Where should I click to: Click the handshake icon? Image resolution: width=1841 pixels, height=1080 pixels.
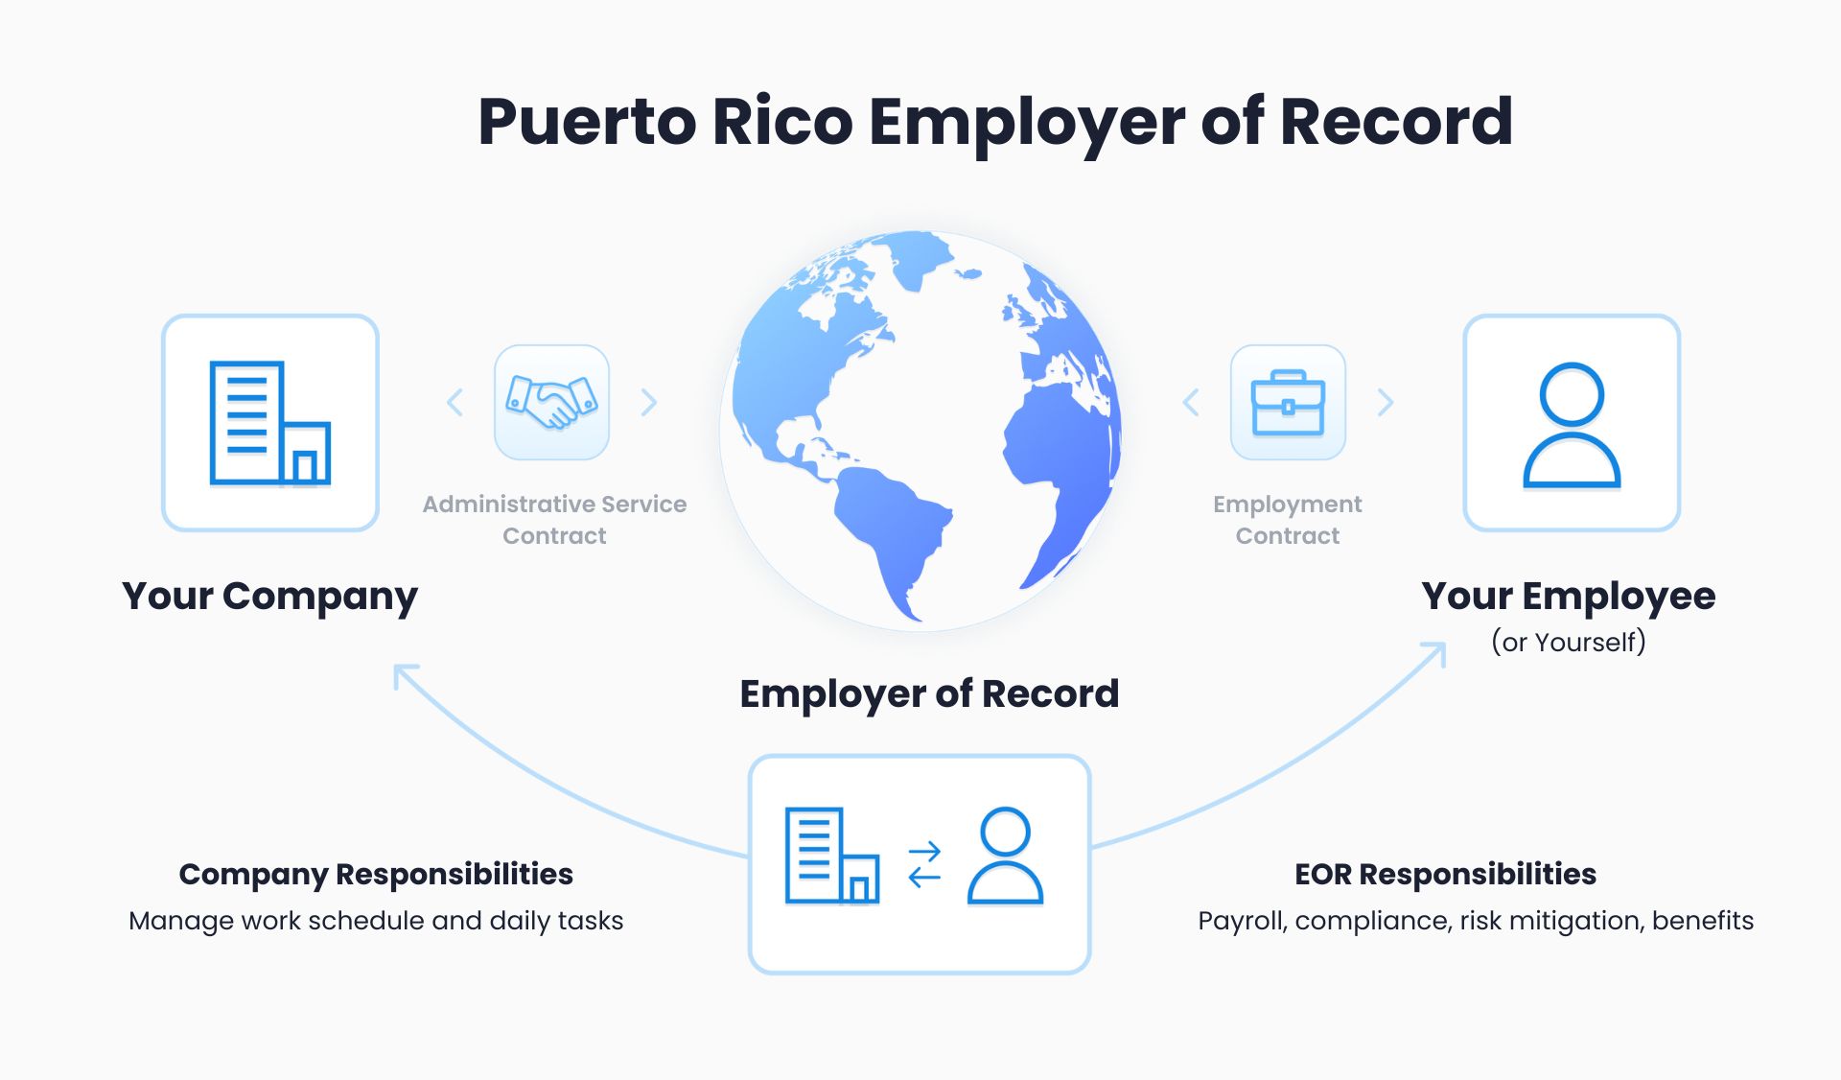[551, 402]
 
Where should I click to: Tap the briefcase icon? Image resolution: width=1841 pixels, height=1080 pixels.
[1288, 403]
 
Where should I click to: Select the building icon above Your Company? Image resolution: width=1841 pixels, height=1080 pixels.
[270, 423]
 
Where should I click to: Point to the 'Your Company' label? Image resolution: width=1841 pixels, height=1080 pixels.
[269, 597]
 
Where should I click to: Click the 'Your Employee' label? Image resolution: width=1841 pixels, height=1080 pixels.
[1568, 597]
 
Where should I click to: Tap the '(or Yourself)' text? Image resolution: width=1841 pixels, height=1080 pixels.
[1568, 642]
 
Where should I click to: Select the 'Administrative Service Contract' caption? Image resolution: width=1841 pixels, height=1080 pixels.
[554, 520]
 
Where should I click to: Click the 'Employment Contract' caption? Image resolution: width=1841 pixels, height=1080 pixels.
[1287, 520]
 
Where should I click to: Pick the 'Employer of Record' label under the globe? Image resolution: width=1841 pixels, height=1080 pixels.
[928, 693]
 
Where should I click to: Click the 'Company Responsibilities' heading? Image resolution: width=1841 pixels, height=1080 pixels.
[376, 874]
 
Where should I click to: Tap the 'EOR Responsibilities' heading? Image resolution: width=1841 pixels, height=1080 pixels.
[1445, 874]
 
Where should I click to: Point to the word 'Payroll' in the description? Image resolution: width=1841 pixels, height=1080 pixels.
[1242, 921]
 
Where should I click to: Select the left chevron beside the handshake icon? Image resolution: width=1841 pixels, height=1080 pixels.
[455, 403]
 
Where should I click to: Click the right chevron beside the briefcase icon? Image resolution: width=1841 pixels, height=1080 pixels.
[1386, 403]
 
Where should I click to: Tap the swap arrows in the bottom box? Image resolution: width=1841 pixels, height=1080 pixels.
[924, 864]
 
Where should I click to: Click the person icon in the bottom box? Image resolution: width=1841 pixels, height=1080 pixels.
[1005, 856]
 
